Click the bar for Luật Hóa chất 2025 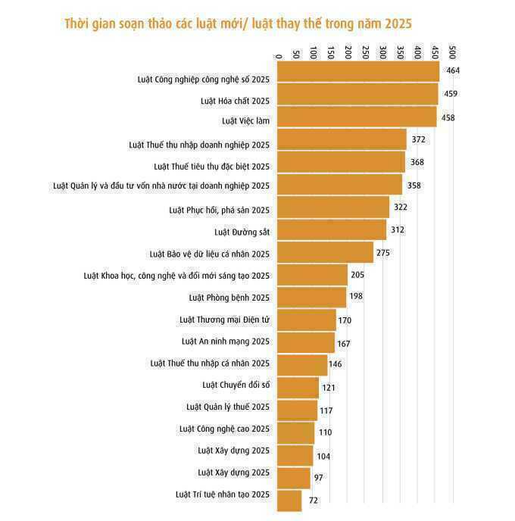pyautogui.click(x=357, y=95)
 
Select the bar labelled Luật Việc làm pyautogui.click(x=357, y=117)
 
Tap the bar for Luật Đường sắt pyautogui.click(x=332, y=229)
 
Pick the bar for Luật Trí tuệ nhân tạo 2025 pyautogui.click(x=289, y=501)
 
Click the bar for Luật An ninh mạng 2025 pyautogui.click(x=306, y=342)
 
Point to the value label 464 pyautogui.click(x=453, y=70)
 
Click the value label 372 pyautogui.click(x=418, y=139)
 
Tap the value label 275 pyautogui.click(x=382, y=253)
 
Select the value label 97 pyautogui.click(x=318, y=478)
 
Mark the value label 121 pyautogui.click(x=328, y=388)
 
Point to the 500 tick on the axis pyautogui.click(x=452, y=52)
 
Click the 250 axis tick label pyautogui.click(x=366, y=52)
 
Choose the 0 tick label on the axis pyautogui.click(x=279, y=57)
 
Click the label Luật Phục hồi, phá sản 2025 pyautogui.click(x=220, y=210)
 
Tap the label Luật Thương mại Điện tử pyautogui.click(x=225, y=320)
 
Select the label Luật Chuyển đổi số pyautogui.click(x=236, y=385)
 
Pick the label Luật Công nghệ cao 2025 pyautogui.click(x=224, y=429)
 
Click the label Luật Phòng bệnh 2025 pyautogui.click(x=229, y=298)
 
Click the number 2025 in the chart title pyautogui.click(x=398, y=24)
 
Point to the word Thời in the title pyautogui.click(x=76, y=23)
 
